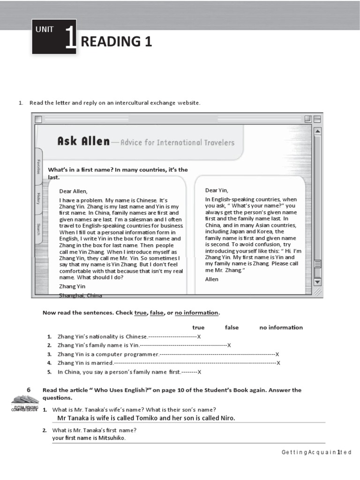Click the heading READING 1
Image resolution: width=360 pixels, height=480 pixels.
tap(116, 42)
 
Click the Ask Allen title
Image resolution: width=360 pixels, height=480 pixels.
tap(83, 141)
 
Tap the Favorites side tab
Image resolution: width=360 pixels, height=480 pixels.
tap(38, 166)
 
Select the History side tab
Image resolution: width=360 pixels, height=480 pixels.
tap(38, 198)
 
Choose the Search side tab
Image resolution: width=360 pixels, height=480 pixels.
tap(38, 229)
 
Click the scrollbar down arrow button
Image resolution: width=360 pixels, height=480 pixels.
tap(317, 281)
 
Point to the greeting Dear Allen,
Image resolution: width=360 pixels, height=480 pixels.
tap(73, 191)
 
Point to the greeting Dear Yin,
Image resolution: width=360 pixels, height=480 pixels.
tap(217, 190)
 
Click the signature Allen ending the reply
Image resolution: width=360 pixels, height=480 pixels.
tap(212, 279)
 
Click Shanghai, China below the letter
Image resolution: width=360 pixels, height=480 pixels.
tap(80, 295)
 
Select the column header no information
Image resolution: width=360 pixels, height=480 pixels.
tap(281, 327)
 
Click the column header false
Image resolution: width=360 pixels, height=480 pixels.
tap(232, 327)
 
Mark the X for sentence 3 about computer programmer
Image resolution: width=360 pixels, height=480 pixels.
tap(277, 354)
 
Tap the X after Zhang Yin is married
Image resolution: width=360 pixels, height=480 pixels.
tap(278, 363)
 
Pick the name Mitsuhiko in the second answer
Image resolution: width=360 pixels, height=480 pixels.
tap(112, 438)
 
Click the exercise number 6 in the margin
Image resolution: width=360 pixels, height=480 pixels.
tap(29, 390)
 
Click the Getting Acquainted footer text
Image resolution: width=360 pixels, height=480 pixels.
tap(316, 452)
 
